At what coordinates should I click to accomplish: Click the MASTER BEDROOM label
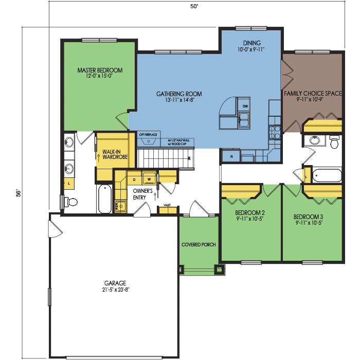coord(99,70)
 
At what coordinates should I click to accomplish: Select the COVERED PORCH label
coord(199,244)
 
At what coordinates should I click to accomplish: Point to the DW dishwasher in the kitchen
coord(245,107)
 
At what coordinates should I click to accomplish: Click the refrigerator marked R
coord(232,156)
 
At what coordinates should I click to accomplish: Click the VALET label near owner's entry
coord(167,205)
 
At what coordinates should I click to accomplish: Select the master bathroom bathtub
coord(104,199)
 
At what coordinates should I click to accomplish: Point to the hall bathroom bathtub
coord(327,175)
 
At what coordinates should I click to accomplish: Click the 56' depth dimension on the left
coord(18,193)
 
